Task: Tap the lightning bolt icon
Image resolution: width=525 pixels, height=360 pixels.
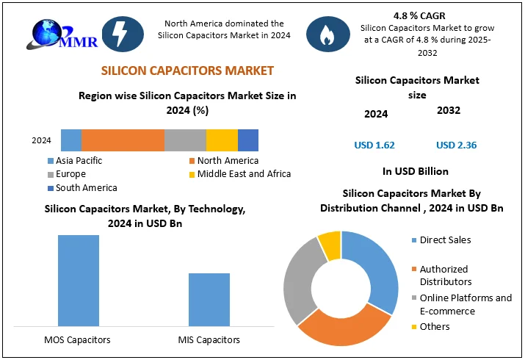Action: coord(117,33)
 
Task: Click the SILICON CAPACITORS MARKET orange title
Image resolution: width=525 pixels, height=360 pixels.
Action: coord(187,71)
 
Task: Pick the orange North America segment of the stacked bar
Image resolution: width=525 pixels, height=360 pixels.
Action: coord(123,140)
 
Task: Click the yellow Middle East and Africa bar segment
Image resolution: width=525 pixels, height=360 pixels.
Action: coord(222,140)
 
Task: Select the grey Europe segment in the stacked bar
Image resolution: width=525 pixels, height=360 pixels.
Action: coord(185,140)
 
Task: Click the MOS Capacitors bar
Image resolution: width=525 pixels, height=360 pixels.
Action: coord(79,280)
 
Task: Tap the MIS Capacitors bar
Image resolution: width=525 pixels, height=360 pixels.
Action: coord(209,299)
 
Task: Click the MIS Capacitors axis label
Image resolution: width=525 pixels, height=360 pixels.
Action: coord(209,339)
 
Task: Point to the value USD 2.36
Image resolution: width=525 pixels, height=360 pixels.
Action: coord(456,145)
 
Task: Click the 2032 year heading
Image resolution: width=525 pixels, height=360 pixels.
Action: coord(448,110)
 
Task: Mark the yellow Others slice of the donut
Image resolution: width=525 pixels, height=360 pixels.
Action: coord(330,243)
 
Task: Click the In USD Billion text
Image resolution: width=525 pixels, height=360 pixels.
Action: coord(416,171)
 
